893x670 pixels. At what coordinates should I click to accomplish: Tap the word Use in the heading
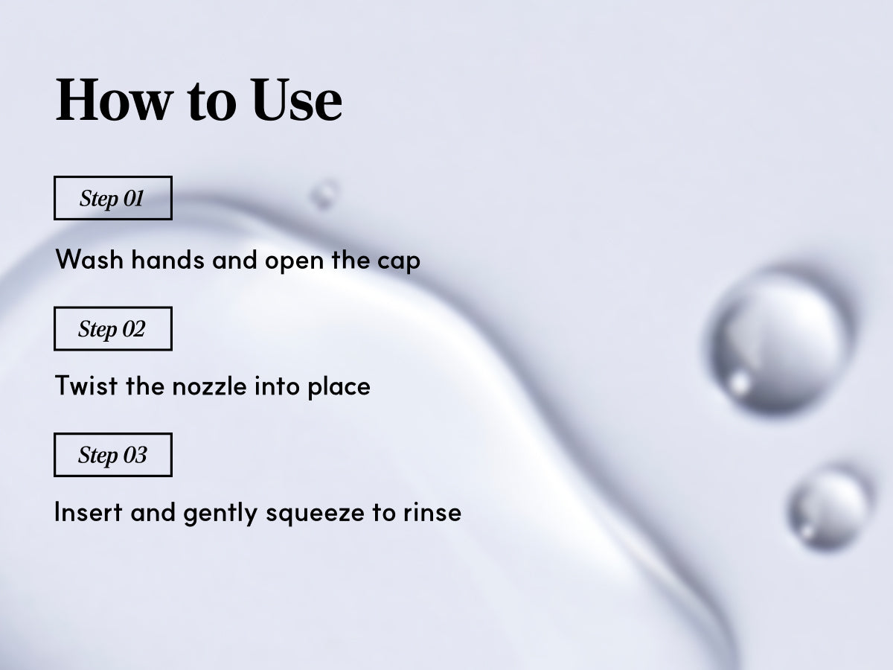click(x=297, y=100)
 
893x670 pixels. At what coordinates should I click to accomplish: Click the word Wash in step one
click(x=89, y=259)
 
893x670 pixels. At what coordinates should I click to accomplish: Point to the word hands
click(x=167, y=259)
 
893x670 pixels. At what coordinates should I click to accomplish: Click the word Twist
click(x=86, y=385)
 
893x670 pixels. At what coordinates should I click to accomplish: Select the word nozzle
click(x=210, y=385)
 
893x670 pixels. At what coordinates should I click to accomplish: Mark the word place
click(x=339, y=386)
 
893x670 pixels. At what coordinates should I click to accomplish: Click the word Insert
click(x=89, y=511)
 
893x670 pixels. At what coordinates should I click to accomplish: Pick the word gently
click(x=220, y=513)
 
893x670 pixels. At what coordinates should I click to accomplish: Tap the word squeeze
click(x=316, y=514)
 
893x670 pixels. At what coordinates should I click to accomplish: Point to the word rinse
click(x=432, y=512)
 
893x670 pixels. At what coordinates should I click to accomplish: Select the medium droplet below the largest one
click(x=828, y=509)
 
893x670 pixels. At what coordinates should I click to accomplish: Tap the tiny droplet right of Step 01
click(x=324, y=194)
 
